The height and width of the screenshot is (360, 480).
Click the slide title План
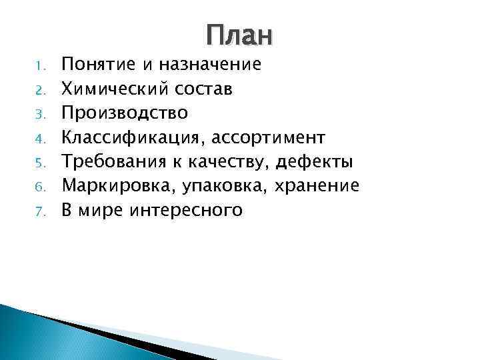[239, 36]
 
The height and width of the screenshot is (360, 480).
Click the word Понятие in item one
[98, 65]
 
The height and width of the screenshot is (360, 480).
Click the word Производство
[125, 113]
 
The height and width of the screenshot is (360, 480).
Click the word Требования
[113, 162]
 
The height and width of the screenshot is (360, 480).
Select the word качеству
[225, 162]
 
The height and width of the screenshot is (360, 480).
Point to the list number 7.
[39, 212]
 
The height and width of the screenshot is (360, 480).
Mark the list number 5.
[39, 163]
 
